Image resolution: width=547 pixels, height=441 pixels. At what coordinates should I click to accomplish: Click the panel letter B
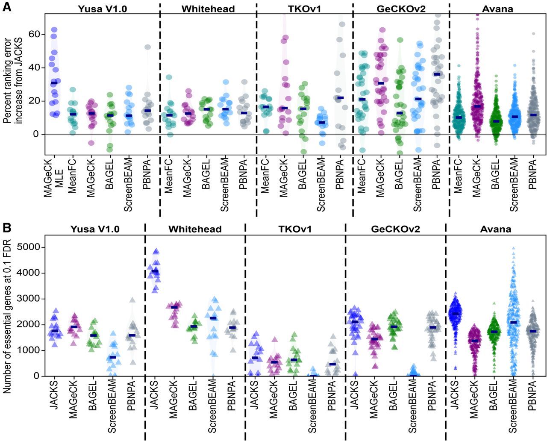click(x=6, y=227)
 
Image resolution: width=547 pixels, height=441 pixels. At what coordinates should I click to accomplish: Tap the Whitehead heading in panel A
click(x=208, y=9)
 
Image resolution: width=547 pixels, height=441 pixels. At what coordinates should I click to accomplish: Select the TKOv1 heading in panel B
click(x=295, y=229)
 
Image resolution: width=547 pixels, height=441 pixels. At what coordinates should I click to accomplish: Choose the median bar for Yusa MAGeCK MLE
click(x=54, y=83)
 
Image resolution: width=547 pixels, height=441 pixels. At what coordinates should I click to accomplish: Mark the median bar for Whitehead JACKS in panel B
click(x=155, y=271)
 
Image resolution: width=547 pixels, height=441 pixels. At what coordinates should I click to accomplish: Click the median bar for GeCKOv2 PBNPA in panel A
click(x=437, y=74)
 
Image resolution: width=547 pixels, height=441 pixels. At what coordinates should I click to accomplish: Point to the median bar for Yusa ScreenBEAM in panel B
click(x=112, y=357)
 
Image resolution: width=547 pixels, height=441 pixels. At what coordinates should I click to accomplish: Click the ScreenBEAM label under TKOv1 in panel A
click(x=321, y=185)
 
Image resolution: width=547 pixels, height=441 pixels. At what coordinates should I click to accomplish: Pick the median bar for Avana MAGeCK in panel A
click(x=477, y=106)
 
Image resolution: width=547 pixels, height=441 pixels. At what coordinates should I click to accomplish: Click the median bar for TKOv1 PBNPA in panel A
click(x=340, y=98)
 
